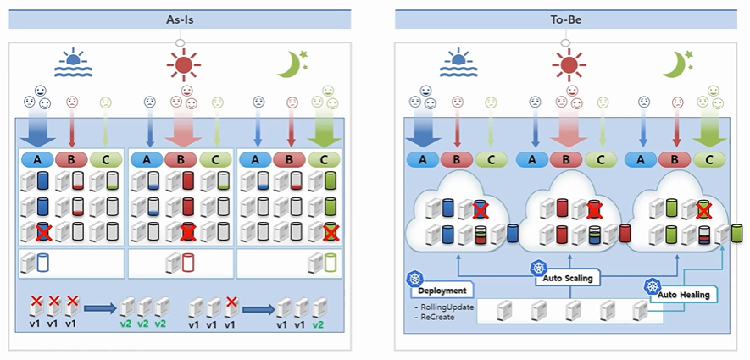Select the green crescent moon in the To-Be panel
(x=675, y=63)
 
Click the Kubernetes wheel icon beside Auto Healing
(x=652, y=286)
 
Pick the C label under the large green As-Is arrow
(x=322, y=158)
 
